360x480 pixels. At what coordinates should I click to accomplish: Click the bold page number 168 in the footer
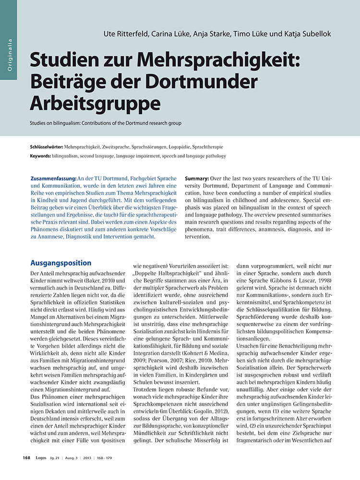(26, 458)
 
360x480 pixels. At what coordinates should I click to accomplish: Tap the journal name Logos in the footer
(42, 458)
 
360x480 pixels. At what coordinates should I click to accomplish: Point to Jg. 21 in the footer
(59, 458)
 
